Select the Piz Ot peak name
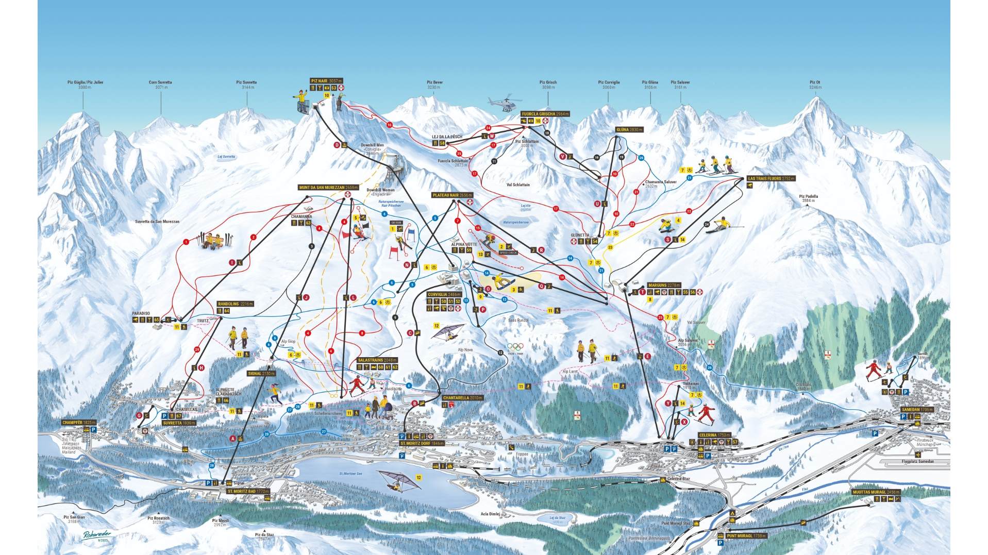[815, 82]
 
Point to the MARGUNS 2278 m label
[664, 285]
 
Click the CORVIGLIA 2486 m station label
[444, 295]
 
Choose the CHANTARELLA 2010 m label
[462, 398]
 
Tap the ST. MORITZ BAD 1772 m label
[248, 491]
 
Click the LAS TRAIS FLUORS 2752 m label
[771, 178]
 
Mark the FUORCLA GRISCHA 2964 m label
[545, 114]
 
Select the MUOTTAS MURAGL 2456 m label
[876, 492]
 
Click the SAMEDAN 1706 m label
[917, 410]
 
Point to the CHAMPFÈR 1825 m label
[79, 423]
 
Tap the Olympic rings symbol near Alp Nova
[515, 347]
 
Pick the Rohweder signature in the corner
[97, 535]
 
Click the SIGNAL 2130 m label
[261, 374]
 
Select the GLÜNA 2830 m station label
[629, 130]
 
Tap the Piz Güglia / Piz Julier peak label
[85, 82]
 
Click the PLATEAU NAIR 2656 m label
[452, 195]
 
